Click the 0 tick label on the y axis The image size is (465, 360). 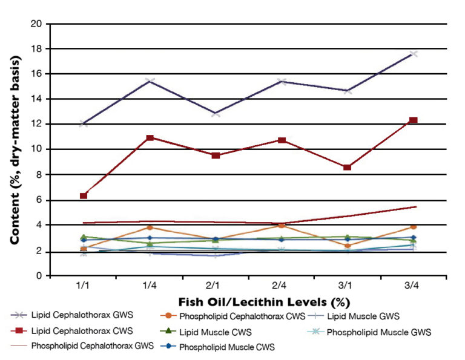point(40,275)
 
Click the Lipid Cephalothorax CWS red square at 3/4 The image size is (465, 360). point(414,120)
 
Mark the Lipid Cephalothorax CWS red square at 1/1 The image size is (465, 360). point(84,195)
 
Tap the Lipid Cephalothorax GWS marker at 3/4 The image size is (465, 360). point(414,54)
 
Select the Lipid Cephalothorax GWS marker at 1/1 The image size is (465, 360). point(84,123)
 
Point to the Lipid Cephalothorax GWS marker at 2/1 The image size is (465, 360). point(216,114)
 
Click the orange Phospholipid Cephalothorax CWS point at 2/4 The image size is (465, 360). point(282,225)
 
